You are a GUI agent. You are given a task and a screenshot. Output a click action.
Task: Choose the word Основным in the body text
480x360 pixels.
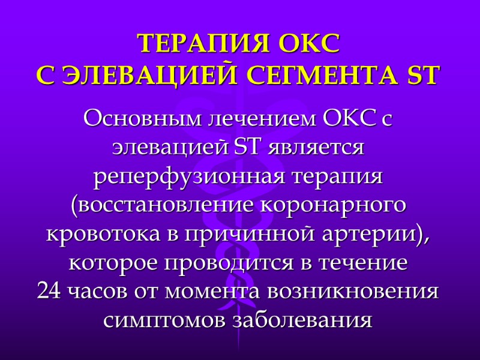(x=143, y=118)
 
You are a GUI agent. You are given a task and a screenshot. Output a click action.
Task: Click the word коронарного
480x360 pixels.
(x=334, y=206)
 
